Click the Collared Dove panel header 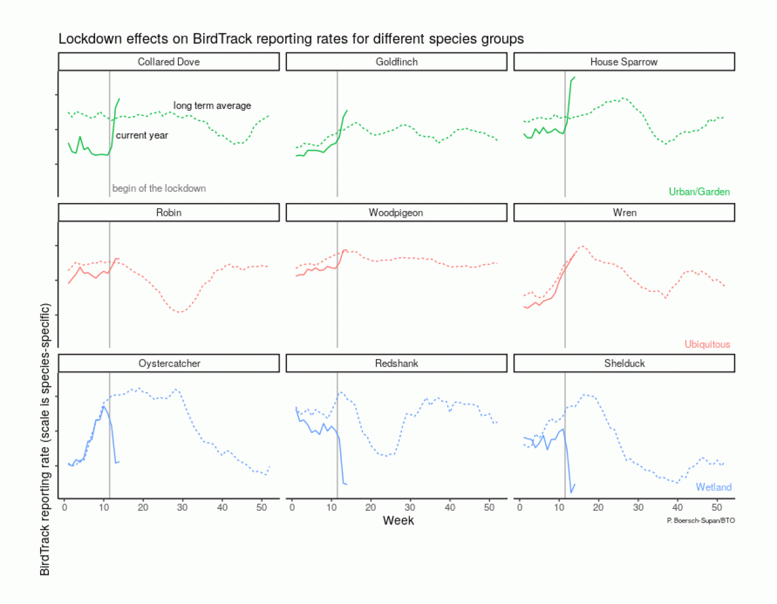click(x=169, y=62)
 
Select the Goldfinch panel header click(x=396, y=62)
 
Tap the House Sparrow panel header click(x=623, y=62)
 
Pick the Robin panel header click(x=169, y=213)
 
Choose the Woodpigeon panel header click(x=396, y=213)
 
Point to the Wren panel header click(x=624, y=213)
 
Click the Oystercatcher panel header click(x=169, y=363)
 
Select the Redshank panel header click(x=396, y=363)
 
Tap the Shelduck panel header click(x=624, y=363)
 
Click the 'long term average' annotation click(x=212, y=106)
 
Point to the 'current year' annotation click(x=142, y=136)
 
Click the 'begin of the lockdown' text click(x=159, y=188)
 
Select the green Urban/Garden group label click(x=699, y=192)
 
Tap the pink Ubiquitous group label click(x=707, y=344)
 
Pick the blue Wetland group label click(x=713, y=487)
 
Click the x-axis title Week click(x=398, y=520)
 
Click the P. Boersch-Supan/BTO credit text click(x=700, y=521)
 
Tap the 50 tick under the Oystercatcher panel click(x=261, y=507)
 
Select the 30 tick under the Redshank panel click(x=410, y=507)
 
